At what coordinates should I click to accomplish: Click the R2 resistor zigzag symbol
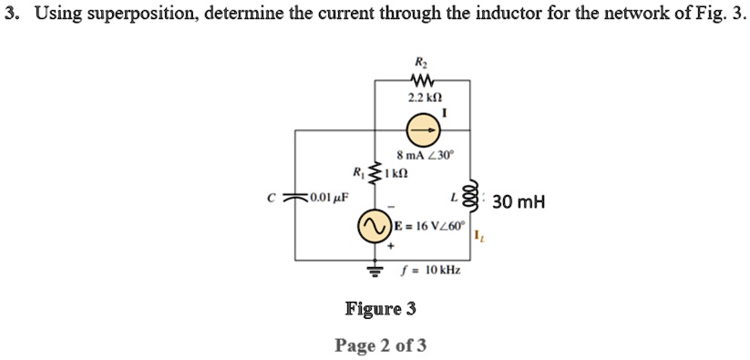tap(421, 79)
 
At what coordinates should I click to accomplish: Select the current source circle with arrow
tap(422, 130)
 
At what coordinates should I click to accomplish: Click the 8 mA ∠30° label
tap(425, 155)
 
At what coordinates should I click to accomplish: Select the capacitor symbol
tap(294, 197)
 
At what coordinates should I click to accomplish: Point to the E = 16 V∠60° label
tap(428, 225)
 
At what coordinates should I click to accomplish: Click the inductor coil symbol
tap(470, 196)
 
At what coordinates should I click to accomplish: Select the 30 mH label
tap(519, 202)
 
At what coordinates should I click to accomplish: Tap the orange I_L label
tap(479, 237)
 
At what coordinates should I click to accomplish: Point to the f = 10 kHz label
tap(430, 271)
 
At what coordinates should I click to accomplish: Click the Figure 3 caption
tap(380, 308)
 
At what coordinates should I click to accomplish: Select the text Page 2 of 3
tap(380, 345)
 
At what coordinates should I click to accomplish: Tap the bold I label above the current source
tap(445, 113)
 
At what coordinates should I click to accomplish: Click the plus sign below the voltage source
tap(391, 247)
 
